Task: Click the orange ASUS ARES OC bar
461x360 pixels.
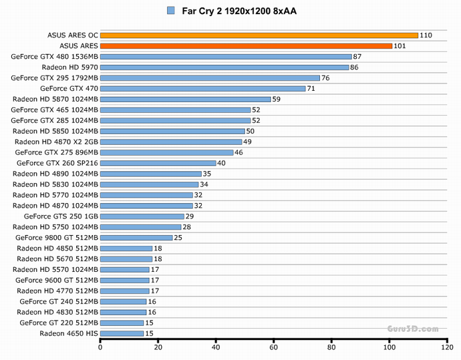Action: coord(259,35)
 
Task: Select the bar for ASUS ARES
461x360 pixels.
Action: coord(246,46)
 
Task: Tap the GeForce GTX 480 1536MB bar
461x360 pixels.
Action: coord(226,57)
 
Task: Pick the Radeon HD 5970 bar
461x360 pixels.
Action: coord(224,67)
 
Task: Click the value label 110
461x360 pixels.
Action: coord(426,35)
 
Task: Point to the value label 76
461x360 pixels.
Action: coord(325,78)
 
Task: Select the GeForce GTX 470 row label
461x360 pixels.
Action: coord(69,88)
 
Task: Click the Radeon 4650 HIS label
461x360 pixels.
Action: coord(69,333)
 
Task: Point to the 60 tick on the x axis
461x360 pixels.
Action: coord(273,347)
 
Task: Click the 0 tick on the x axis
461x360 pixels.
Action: coord(100,347)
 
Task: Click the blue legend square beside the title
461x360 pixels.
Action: coord(171,11)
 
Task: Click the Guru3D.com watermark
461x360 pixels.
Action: coord(412,329)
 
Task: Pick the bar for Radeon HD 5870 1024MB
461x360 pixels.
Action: coord(186,99)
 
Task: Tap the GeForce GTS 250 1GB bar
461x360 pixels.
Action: coord(142,216)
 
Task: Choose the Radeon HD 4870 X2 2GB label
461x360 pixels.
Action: coord(57,142)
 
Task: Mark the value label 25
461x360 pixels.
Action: coord(178,238)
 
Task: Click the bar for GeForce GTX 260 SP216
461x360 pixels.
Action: coord(158,163)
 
